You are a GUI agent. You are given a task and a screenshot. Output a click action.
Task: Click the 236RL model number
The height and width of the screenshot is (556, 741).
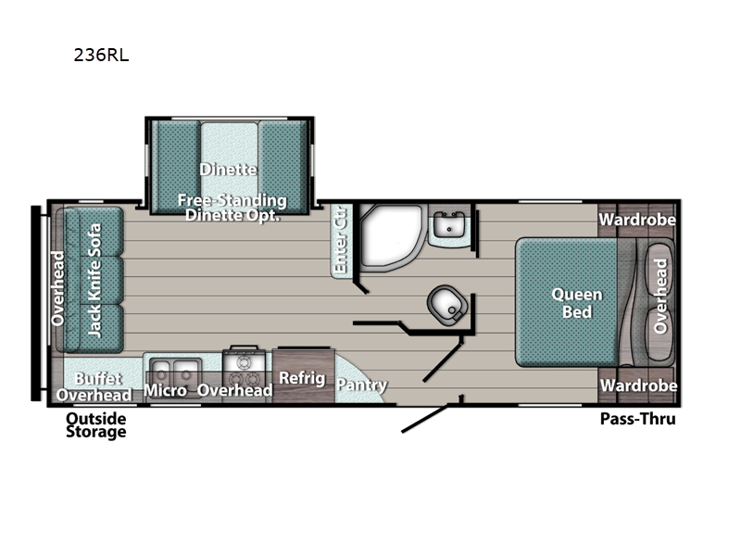tap(101, 56)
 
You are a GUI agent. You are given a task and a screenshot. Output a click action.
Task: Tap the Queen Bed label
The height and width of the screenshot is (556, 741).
tap(577, 303)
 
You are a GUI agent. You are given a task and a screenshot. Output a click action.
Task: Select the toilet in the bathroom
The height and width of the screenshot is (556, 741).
tap(447, 305)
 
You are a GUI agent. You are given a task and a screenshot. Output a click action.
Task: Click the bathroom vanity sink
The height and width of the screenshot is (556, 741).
tap(449, 224)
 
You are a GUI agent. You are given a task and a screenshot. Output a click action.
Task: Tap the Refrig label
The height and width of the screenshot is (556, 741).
tap(302, 378)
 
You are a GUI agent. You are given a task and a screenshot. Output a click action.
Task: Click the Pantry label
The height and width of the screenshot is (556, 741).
tap(361, 385)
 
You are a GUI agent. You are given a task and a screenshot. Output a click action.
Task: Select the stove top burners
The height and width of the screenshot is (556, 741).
tap(244, 372)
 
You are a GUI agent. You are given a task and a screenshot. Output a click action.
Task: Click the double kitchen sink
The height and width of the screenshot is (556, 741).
tap(175, 372)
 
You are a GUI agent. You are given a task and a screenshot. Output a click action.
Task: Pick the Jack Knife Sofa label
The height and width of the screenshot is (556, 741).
tap(94, 281)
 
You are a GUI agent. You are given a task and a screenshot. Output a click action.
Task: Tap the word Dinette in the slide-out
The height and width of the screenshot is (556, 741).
tap(228, 170)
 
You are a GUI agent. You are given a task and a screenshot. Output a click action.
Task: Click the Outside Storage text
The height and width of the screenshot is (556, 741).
tap(96, 425)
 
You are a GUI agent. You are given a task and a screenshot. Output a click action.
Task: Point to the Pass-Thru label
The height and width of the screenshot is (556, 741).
tap(638, 419)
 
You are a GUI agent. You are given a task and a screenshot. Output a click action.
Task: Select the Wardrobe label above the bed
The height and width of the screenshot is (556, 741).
tap(637, 220)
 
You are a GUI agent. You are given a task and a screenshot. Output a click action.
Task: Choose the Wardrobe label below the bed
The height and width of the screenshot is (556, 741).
tap(638, 385)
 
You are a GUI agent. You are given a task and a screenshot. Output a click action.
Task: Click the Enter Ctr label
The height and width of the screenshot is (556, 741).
tap(340, 240)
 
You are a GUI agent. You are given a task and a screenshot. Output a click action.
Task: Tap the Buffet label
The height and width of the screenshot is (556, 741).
tap(98, 378)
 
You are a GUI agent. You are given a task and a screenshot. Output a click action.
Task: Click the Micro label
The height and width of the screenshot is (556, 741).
tap(166, 390)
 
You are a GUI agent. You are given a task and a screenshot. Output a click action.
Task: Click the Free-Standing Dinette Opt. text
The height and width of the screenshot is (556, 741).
tap(232, 208)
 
